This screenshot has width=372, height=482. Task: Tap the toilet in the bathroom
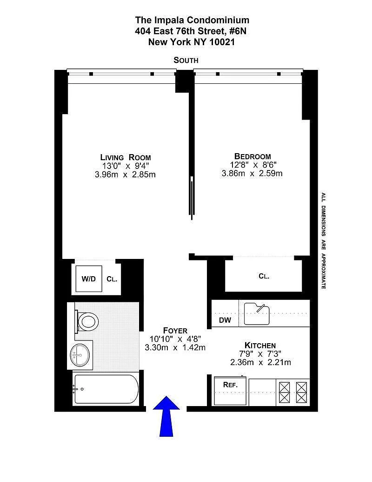(87, 321)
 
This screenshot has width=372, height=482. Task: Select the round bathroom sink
(80, 355)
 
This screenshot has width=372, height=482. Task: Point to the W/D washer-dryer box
(89, 279)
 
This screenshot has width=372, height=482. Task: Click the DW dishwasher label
(225, 320)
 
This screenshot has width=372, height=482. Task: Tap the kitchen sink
(257, 314)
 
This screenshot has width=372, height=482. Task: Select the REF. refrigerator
(230, 390)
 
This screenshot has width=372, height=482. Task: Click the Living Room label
(126, 157)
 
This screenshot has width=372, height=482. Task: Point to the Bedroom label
(252, 156)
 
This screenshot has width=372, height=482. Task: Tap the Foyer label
(175, 331)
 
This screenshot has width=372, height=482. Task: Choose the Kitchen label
(260, 345)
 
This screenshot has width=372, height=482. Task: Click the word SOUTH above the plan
(186, 60)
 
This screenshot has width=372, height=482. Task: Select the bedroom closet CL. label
(264, 276)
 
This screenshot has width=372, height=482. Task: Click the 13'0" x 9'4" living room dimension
(126, 166)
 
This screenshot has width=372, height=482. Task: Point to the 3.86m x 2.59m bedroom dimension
(252, 173)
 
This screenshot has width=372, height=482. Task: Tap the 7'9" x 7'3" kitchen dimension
(260, 354)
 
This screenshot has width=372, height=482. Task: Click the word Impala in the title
(168, 20)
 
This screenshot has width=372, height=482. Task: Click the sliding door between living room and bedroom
(192, 197)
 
